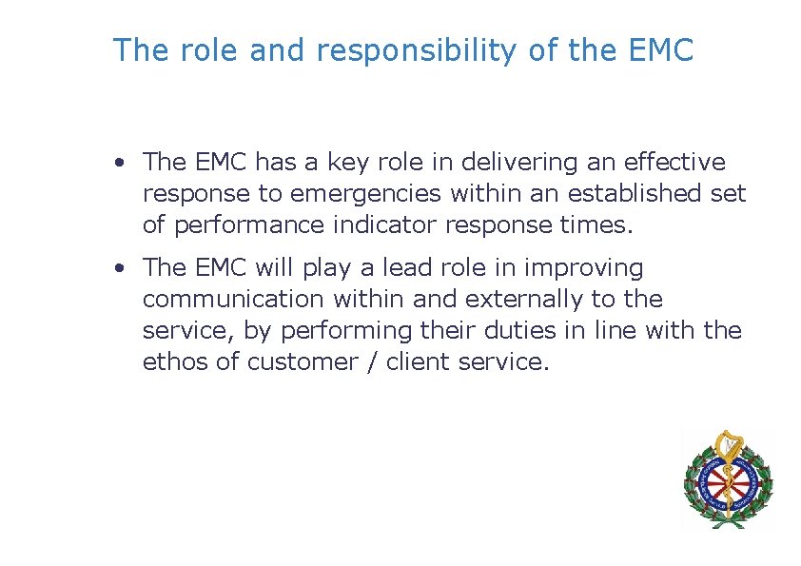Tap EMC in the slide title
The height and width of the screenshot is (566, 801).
tap(661, 50)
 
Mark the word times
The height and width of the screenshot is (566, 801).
tap(594, 224)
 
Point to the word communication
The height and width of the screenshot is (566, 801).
tap(233, 299)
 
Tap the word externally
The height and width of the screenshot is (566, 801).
tap(524, 299)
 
